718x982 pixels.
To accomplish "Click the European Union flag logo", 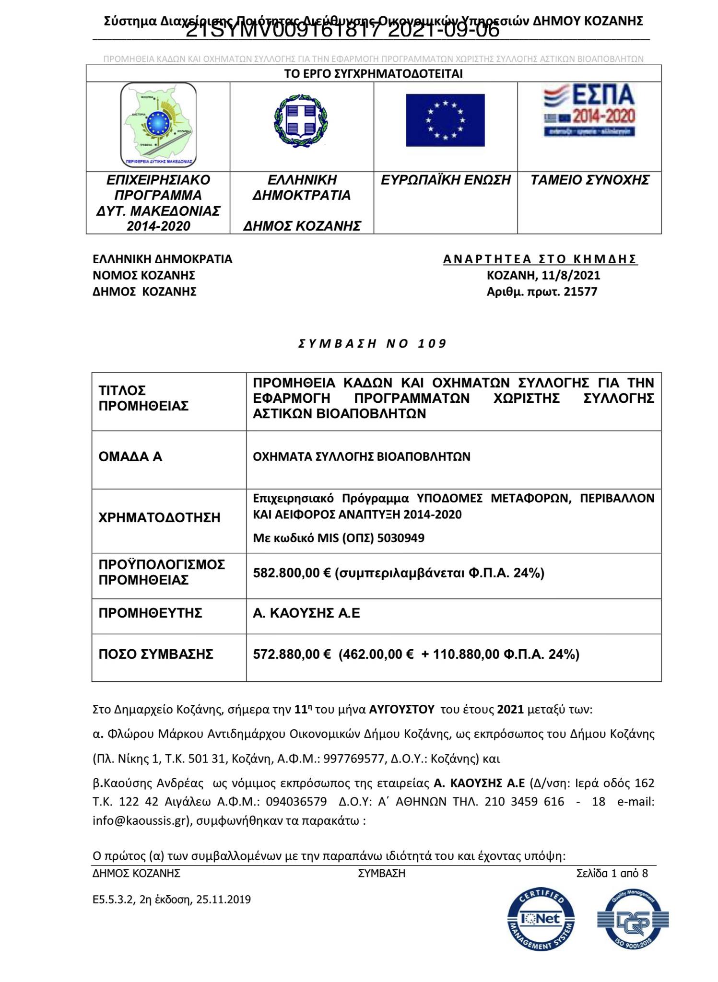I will (x=445, y=120).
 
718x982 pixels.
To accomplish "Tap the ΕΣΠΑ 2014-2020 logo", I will (x=589, y=111).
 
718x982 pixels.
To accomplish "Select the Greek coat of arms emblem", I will (x=301, y=120).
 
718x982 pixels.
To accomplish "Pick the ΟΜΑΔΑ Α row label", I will (x=130, y=457).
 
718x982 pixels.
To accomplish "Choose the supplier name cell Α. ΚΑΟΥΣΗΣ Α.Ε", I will (x=306, y=613).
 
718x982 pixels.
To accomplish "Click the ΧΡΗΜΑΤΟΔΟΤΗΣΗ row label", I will (x=159, y=518).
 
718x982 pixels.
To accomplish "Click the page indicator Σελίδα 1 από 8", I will (x=612, y=873).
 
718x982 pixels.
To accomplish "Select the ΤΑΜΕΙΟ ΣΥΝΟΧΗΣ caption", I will (x=589, y=180).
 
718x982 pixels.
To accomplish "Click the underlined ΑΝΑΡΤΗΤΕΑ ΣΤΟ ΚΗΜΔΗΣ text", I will (x=540, y=259).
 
